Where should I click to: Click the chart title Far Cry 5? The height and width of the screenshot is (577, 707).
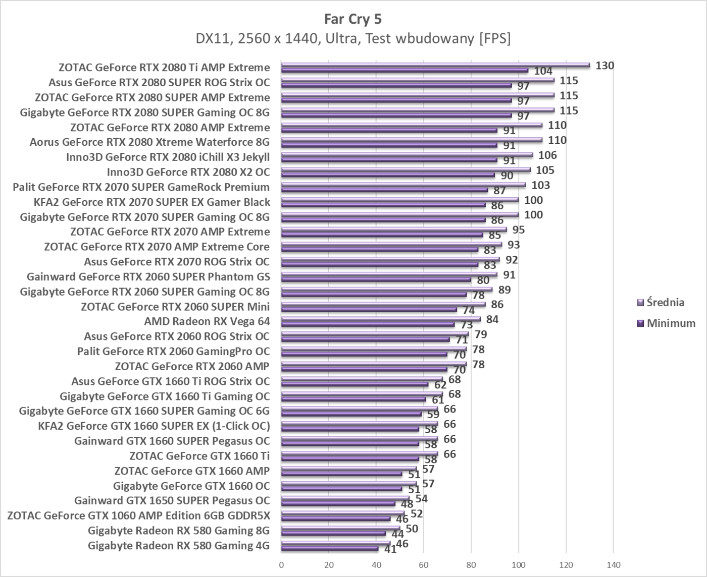tap(353, 19)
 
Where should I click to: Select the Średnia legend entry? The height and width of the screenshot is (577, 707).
tap(665, 303)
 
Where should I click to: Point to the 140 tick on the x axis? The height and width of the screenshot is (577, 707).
tap(613, 565)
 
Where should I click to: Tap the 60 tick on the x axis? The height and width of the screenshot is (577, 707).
tap(423, 565)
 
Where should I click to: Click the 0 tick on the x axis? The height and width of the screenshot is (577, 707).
tap(281, 565)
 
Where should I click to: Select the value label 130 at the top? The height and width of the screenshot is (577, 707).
tap(604, 66)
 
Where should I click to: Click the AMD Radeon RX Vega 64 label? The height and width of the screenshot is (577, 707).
tap(207, 321)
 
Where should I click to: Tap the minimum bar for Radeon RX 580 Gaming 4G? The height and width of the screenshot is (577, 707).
tap(329, 548)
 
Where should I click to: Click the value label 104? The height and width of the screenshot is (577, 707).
tap(543, 71)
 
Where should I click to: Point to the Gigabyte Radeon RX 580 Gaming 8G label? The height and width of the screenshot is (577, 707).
tap(178, 531)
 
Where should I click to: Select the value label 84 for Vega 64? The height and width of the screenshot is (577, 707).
tap(492, 319)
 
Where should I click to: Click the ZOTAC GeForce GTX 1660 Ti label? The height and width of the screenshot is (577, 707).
tap(199, 456)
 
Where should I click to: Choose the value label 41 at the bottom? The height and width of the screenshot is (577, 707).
tap(390, 549)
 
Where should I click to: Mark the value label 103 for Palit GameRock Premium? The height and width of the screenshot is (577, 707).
tap(541, 185)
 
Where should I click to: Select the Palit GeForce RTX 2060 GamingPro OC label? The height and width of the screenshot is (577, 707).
tap(174, 351)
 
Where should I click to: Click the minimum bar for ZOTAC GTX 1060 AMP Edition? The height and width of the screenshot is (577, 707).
tap(336, 518)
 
